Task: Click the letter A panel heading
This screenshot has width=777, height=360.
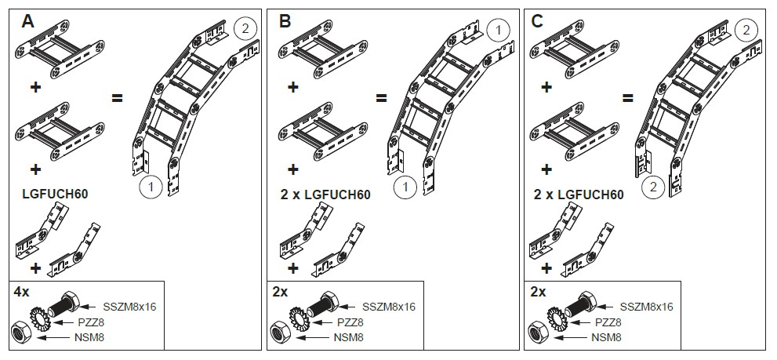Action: (28, 21)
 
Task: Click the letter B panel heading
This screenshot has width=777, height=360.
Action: (285, 21)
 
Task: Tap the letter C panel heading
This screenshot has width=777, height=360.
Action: (538, 21)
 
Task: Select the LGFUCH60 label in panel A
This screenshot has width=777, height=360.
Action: (60, 193)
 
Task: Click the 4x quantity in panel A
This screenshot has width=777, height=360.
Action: (22, 291)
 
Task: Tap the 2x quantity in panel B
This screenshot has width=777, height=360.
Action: (279, 291)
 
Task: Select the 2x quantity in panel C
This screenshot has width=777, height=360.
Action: (538, 291)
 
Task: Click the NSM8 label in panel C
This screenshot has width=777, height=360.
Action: (606, 337)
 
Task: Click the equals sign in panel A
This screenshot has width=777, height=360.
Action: (117, 99)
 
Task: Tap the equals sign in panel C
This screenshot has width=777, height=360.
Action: (628, 99)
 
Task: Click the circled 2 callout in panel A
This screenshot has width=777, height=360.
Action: (245, 30)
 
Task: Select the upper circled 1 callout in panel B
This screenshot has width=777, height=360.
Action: (497, 30)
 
